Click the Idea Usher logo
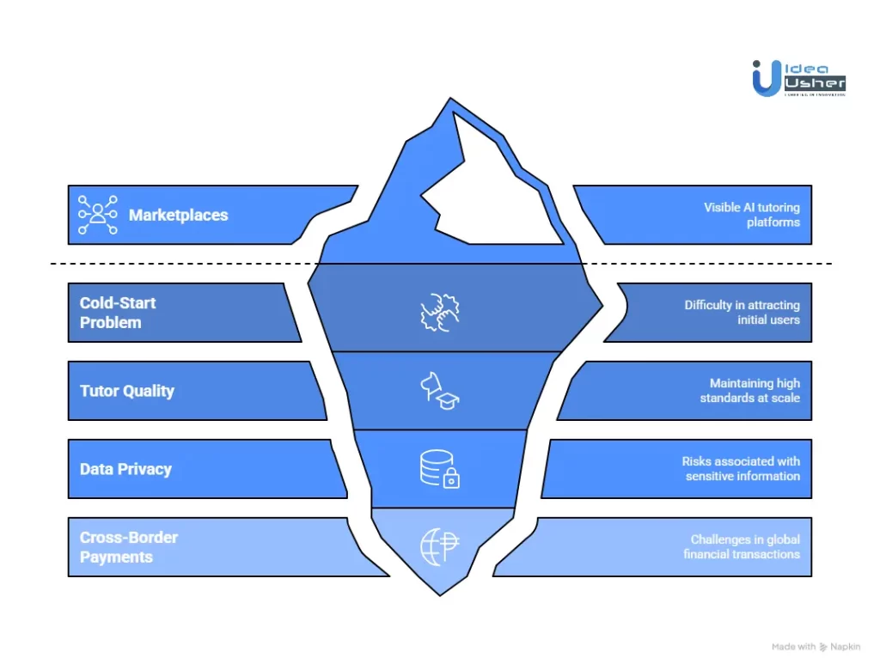(798, 78)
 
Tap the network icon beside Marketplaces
(97, 215)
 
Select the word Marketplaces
(179, 215)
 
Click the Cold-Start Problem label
(118, 313)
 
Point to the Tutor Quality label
(127, 391)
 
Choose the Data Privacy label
(125, 469)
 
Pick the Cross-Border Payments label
(129, 547)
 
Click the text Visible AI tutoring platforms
(751, 215)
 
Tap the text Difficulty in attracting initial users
(742, 312)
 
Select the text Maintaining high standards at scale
(749, 391)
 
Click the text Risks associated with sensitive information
(742, 468)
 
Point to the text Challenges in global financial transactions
(742, 546)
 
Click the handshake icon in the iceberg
(439, 314)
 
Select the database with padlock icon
(439, 469)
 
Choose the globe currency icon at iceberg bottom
(440, 547)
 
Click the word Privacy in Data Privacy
(149, 469)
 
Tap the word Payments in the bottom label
(117, 557)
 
